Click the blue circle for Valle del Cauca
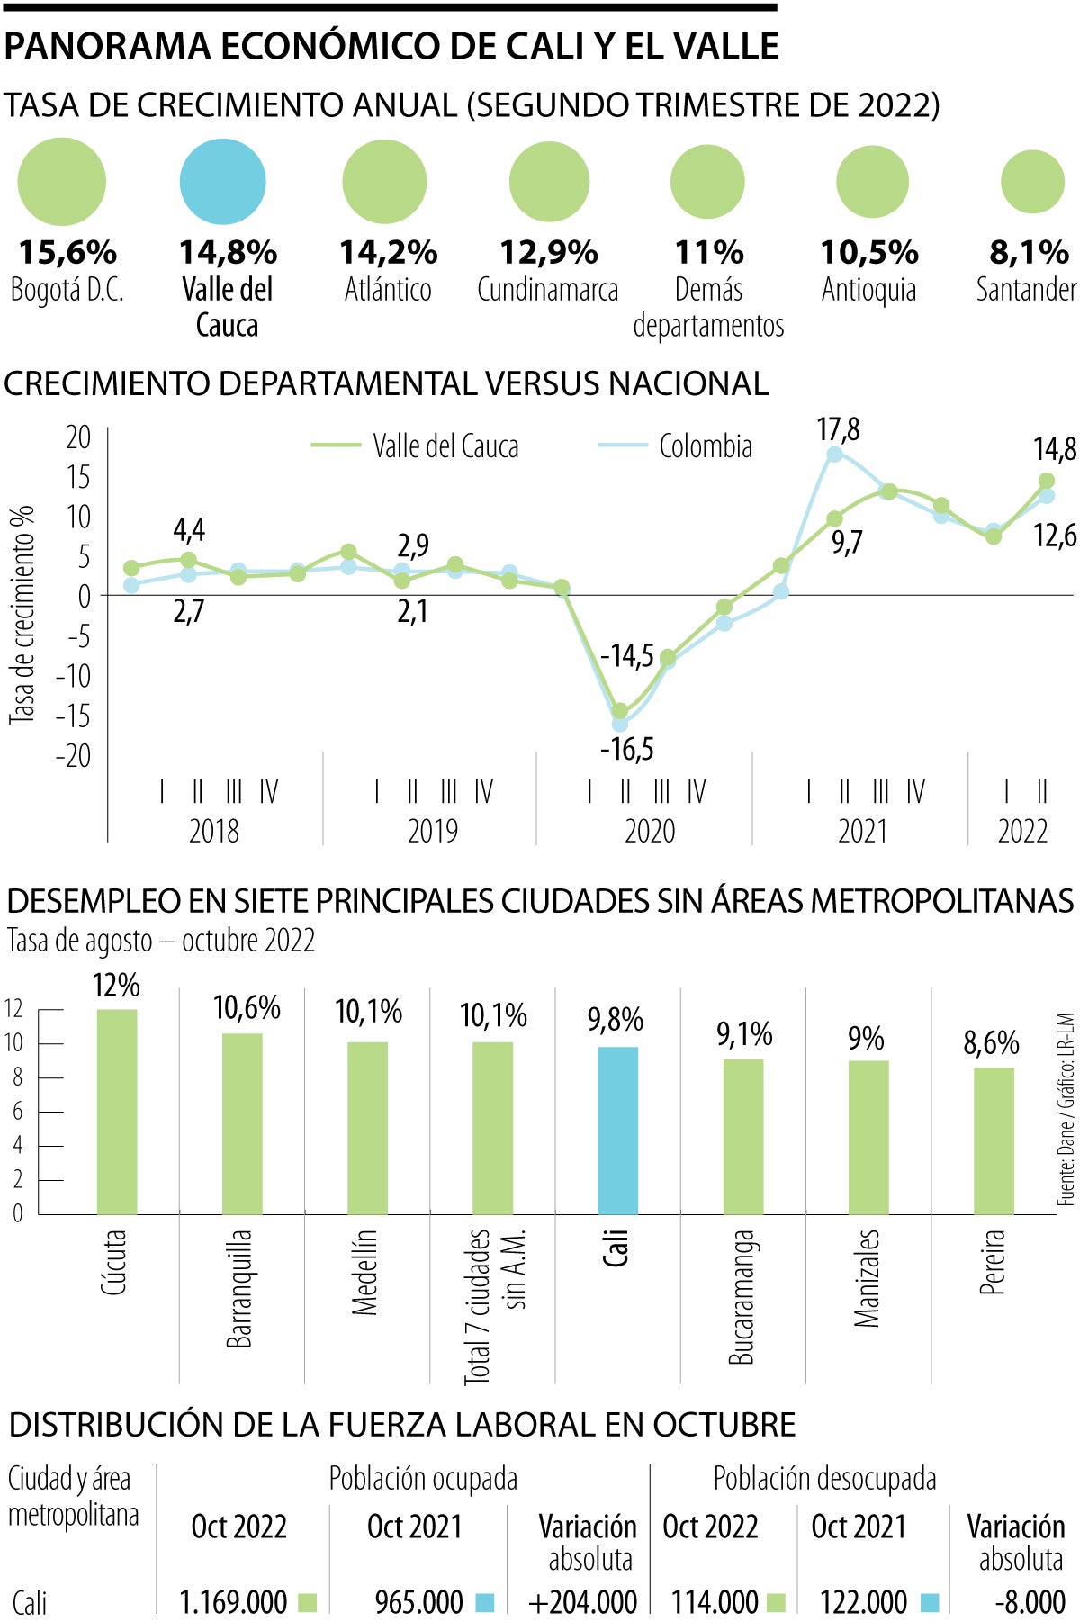click(223, 181)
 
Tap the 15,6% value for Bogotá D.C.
click(67, 253)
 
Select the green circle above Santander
click(1032, 182)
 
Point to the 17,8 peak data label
click(838, 430)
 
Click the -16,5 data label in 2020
click(627, 749)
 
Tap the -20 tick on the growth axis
click(73, 755)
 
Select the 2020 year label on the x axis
click(650, 830)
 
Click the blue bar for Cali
click(617, 1130)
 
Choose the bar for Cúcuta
click(117, 1112)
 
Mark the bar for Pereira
click(994, 1140)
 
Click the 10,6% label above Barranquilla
click(247, 1008)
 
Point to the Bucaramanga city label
click(742, 1297)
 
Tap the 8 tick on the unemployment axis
click(17, 1077)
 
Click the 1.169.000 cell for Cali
click(233, 1602)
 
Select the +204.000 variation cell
click(583, 1602)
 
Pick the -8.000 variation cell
click(1030, 1602)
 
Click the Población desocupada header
click(824, 1479)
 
